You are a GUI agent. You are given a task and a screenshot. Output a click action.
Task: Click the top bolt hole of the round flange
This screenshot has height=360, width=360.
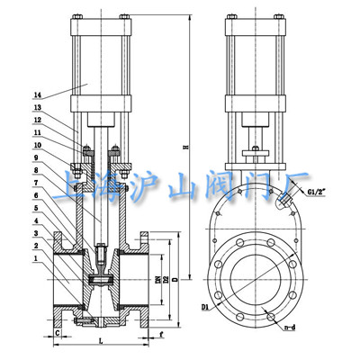pyautogui.click(x=247, y=241)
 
